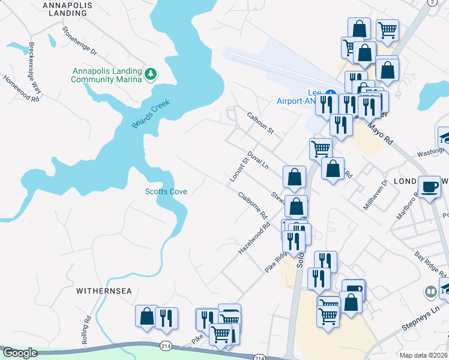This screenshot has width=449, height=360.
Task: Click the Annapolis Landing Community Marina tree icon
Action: pos(151,74)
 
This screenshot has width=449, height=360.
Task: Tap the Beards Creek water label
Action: pos(151,114)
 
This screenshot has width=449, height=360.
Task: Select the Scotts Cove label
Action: pos(166,191)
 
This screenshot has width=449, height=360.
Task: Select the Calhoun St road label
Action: pos(260,122)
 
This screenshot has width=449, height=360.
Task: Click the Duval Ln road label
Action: pos(258,160)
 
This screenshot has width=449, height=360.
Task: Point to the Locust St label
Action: pos(239,169)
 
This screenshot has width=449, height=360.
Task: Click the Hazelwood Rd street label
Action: pos(254,239)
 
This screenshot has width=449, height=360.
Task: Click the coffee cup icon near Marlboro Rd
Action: pos(429,187)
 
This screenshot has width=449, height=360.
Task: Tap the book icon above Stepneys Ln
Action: pos(430,293)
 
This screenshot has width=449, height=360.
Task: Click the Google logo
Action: pos(20,353)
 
